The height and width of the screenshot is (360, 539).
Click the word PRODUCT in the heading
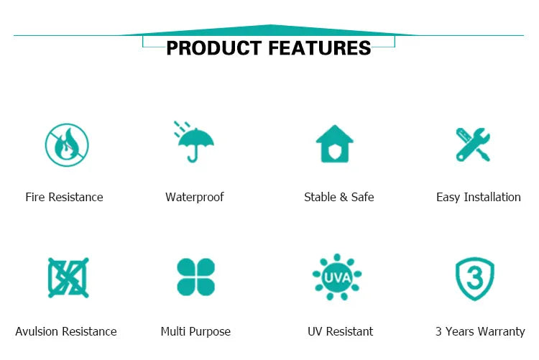click(214, 48)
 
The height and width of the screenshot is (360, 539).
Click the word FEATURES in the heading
click(319, 48)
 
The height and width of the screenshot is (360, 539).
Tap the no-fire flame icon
click(67, 144)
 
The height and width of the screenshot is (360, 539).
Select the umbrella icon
click(194, 142)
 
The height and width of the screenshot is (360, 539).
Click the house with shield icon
click(334, 144)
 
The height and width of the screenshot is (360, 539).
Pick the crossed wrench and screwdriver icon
click(473, 144)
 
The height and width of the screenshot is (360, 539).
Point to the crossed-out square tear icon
click(68, 277)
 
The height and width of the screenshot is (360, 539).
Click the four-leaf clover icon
click(195, 277)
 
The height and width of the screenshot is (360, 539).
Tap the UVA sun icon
click(337, 277)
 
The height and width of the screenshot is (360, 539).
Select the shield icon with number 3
click(475, 279)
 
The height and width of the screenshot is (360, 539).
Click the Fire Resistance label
click(64, 197)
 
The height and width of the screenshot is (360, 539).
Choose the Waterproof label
click(195, 198)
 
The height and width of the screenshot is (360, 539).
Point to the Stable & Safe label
click(339, 197)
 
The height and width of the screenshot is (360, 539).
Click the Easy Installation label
click(479, 198)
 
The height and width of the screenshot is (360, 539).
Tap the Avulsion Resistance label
click(66, 331)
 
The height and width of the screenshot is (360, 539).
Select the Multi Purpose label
click(195, 332)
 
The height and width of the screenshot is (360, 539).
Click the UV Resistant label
click(341, 331)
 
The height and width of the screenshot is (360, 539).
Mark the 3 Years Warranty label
click(480, 332)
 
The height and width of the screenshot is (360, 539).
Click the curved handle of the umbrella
click(193, 159)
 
